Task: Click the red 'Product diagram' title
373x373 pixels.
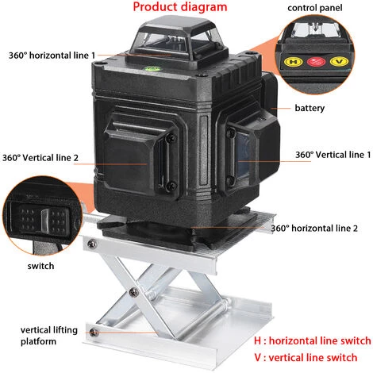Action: point(180,7)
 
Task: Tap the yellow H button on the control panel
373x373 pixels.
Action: point(293,62)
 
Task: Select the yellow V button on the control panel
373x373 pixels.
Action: point(340,62)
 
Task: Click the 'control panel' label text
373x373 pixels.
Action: point(315,8)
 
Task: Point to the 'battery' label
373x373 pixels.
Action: point(310,108)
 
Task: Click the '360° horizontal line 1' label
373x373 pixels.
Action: point(52,56)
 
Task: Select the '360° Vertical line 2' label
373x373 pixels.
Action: point(40,158)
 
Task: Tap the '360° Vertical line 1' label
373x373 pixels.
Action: point(333,155)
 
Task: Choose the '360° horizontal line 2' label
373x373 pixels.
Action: point(314,228)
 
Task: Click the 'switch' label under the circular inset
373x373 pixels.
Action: point(40,266)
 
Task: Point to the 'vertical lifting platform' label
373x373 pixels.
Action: point(49,336)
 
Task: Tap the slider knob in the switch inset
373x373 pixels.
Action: point(45,220)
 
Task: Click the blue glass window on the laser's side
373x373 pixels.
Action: point(243,156)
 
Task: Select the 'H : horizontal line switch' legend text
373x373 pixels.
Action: point(313,340)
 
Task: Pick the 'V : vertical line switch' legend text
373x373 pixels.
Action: point(306,357)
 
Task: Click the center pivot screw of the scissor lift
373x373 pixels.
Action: point(134,292)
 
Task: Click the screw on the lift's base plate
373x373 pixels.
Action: point(93,333)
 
